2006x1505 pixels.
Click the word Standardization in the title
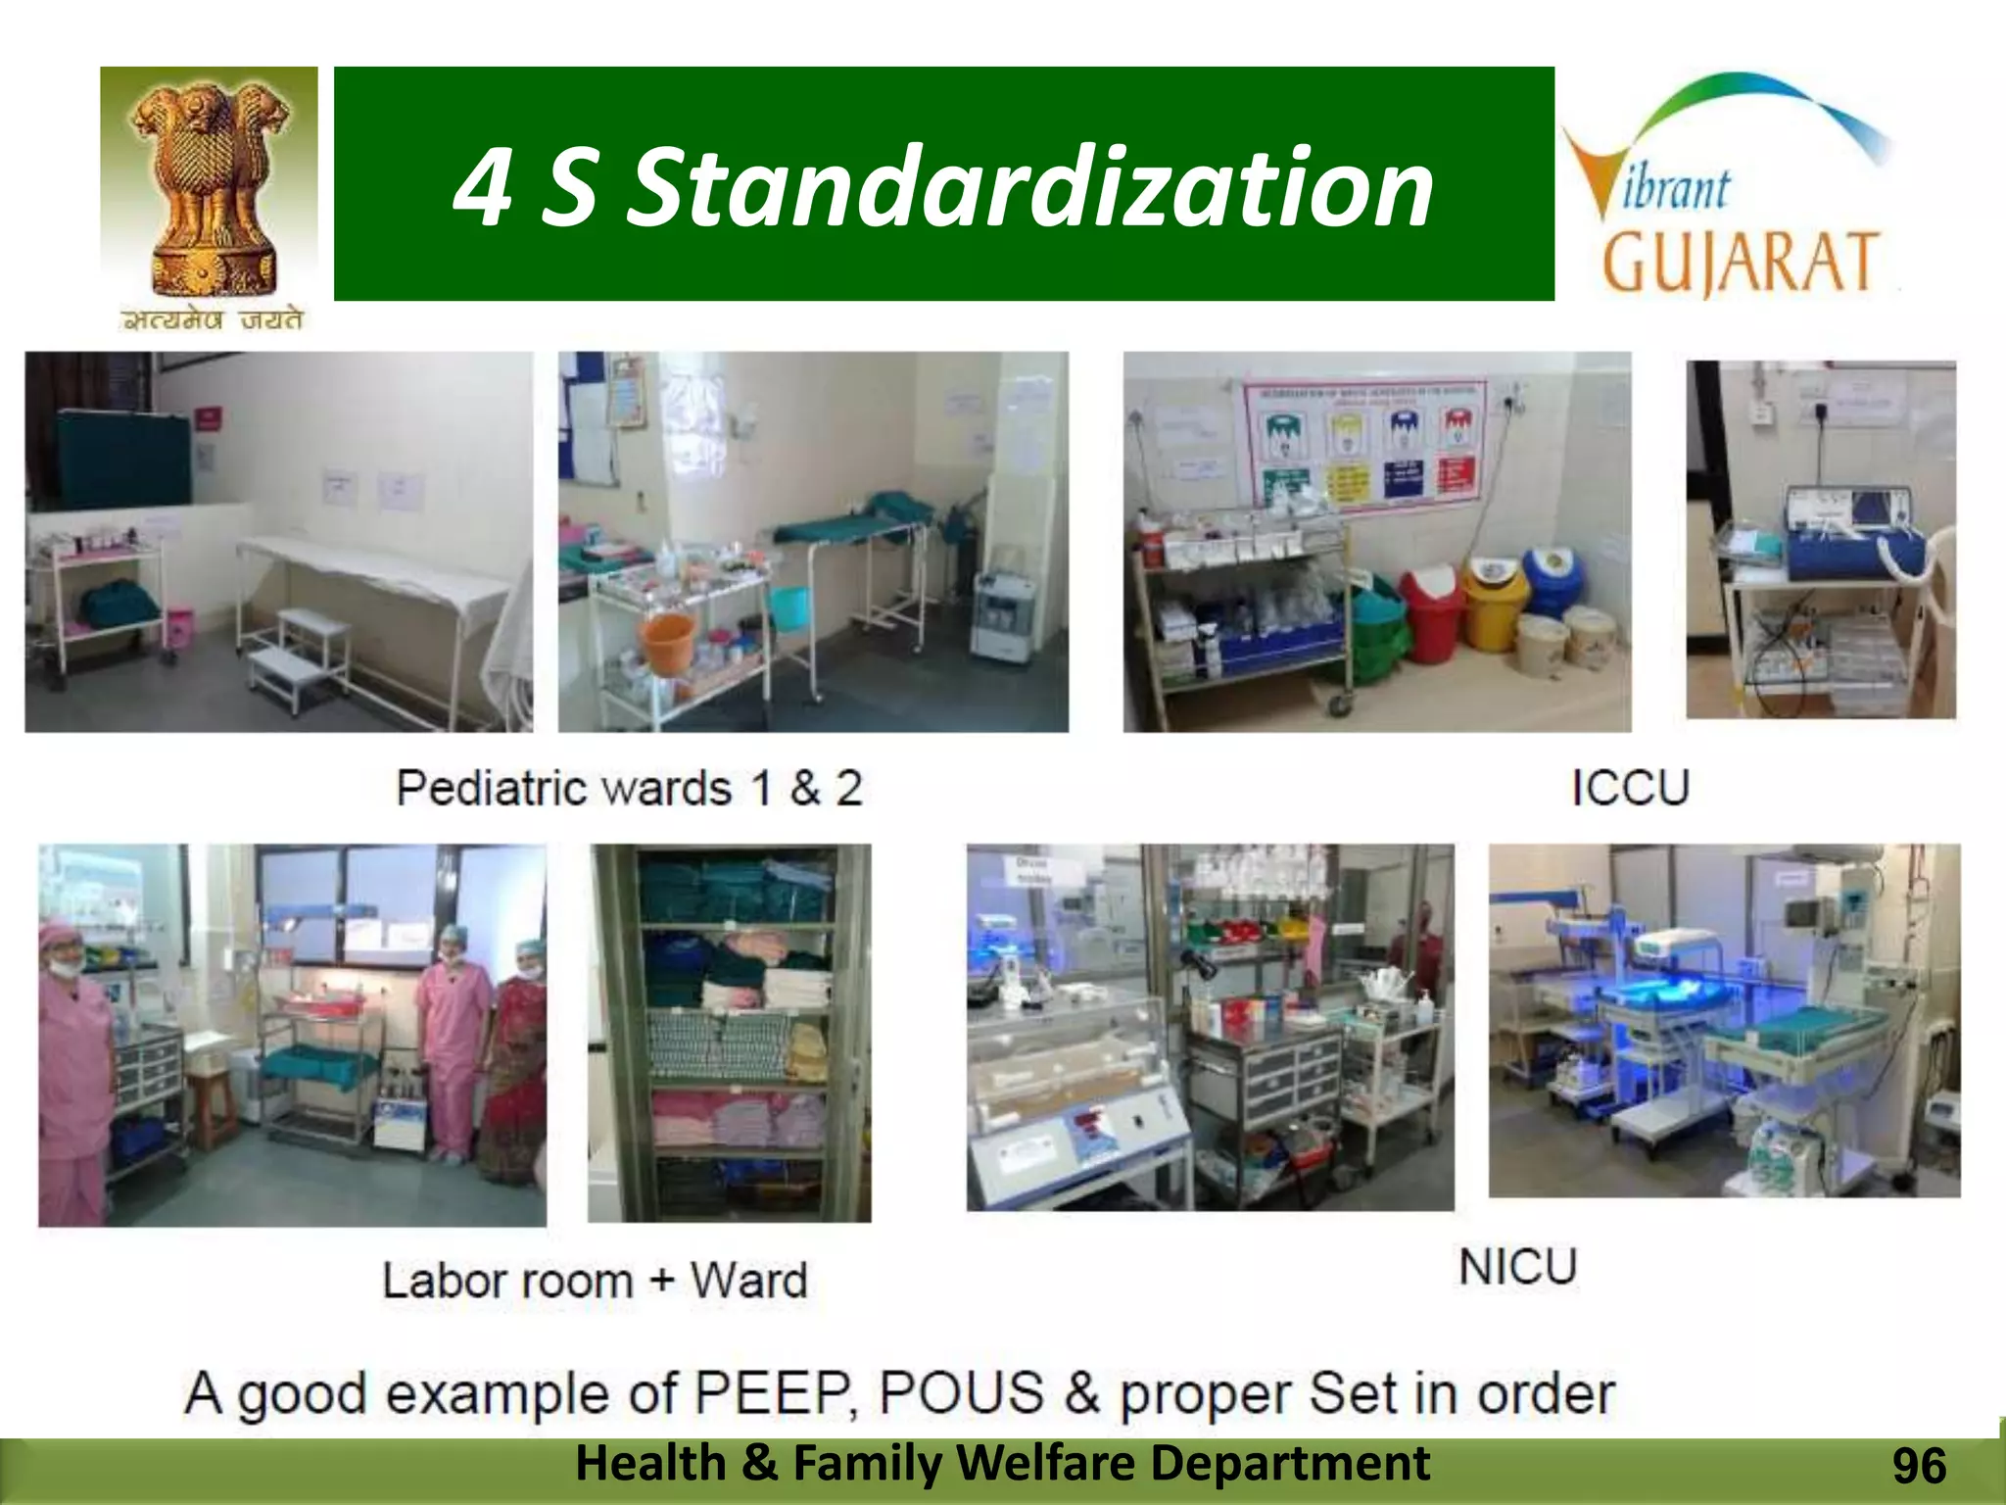tap(1028, 186)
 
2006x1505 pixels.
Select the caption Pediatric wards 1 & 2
tap(629, 789)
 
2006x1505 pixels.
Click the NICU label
tap(1517, 1267)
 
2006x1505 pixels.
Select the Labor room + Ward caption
tap(595, 1281)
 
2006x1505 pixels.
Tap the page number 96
tap(1919, 1467)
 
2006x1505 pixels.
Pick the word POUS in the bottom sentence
tap(962, 1393)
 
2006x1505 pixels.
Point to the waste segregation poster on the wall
tap(1364, 446)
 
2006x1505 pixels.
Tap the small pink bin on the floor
tap(179, 628)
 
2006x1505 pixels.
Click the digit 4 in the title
tap(483, 186)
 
